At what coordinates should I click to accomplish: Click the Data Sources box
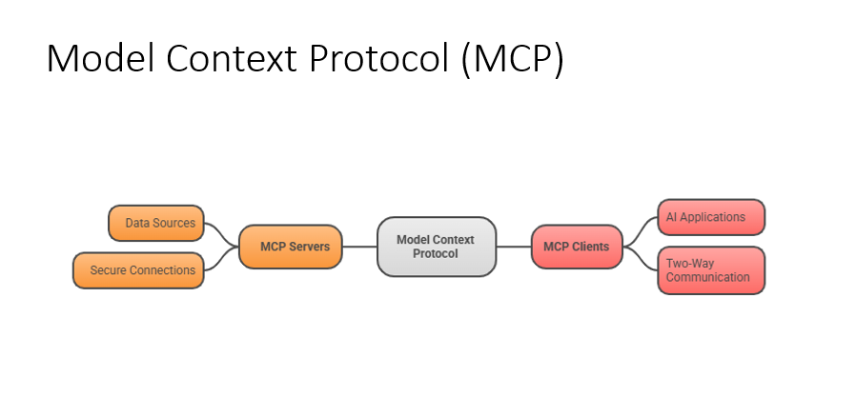(x=156, y=223)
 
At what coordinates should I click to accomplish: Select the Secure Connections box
(x=138, y=270)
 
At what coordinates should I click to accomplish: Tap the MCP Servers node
(x=290, y=247)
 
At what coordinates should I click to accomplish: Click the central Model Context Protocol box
(x=436, y=247)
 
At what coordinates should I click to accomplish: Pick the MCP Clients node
(x=576, y=247)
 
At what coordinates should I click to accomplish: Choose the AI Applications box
(x=711, y=217)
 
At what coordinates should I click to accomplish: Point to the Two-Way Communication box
(x=711, y=270)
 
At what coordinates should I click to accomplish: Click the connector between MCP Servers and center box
(x=359, y=247)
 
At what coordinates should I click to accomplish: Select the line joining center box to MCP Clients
(x=513, y=247)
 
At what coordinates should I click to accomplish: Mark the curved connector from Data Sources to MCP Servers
(x=221, y=232)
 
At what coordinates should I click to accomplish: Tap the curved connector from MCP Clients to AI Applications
(x=642, y=230)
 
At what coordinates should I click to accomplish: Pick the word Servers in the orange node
(x=311, y=247)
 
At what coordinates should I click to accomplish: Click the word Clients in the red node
(x=591, y=247)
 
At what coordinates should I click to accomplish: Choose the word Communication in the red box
(x=708, y=278)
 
